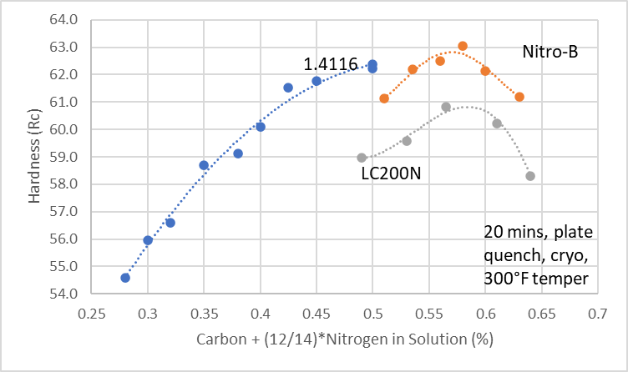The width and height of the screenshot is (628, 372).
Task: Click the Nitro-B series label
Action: [550, 53]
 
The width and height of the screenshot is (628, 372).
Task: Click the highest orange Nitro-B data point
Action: [463, 47]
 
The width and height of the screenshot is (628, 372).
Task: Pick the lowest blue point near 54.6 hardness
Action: [125, 278]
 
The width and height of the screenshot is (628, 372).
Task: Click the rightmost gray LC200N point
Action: [530, 176]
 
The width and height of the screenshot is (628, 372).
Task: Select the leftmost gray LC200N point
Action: [362, 158]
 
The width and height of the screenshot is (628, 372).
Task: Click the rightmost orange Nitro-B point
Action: [519, 97]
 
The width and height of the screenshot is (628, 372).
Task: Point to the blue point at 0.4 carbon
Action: [261, 127]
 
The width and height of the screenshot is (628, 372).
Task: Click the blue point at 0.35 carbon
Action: [204, 165]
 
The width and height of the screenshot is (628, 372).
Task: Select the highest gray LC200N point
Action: [446, 107]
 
